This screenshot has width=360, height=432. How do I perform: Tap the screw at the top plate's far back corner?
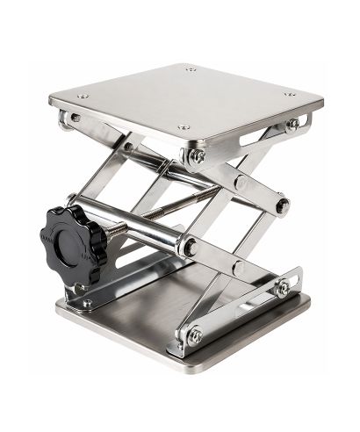point(191,68)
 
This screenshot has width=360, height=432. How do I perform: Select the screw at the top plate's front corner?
point(183,126)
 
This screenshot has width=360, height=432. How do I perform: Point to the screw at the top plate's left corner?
point(83,96)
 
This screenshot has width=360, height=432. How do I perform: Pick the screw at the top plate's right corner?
point(290,93)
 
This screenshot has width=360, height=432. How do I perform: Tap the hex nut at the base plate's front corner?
point(193,335)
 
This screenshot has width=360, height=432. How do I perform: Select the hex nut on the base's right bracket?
point(282,288)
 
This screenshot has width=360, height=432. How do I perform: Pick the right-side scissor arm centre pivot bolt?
point(282,206)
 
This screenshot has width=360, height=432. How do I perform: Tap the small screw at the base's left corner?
point(87,303)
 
